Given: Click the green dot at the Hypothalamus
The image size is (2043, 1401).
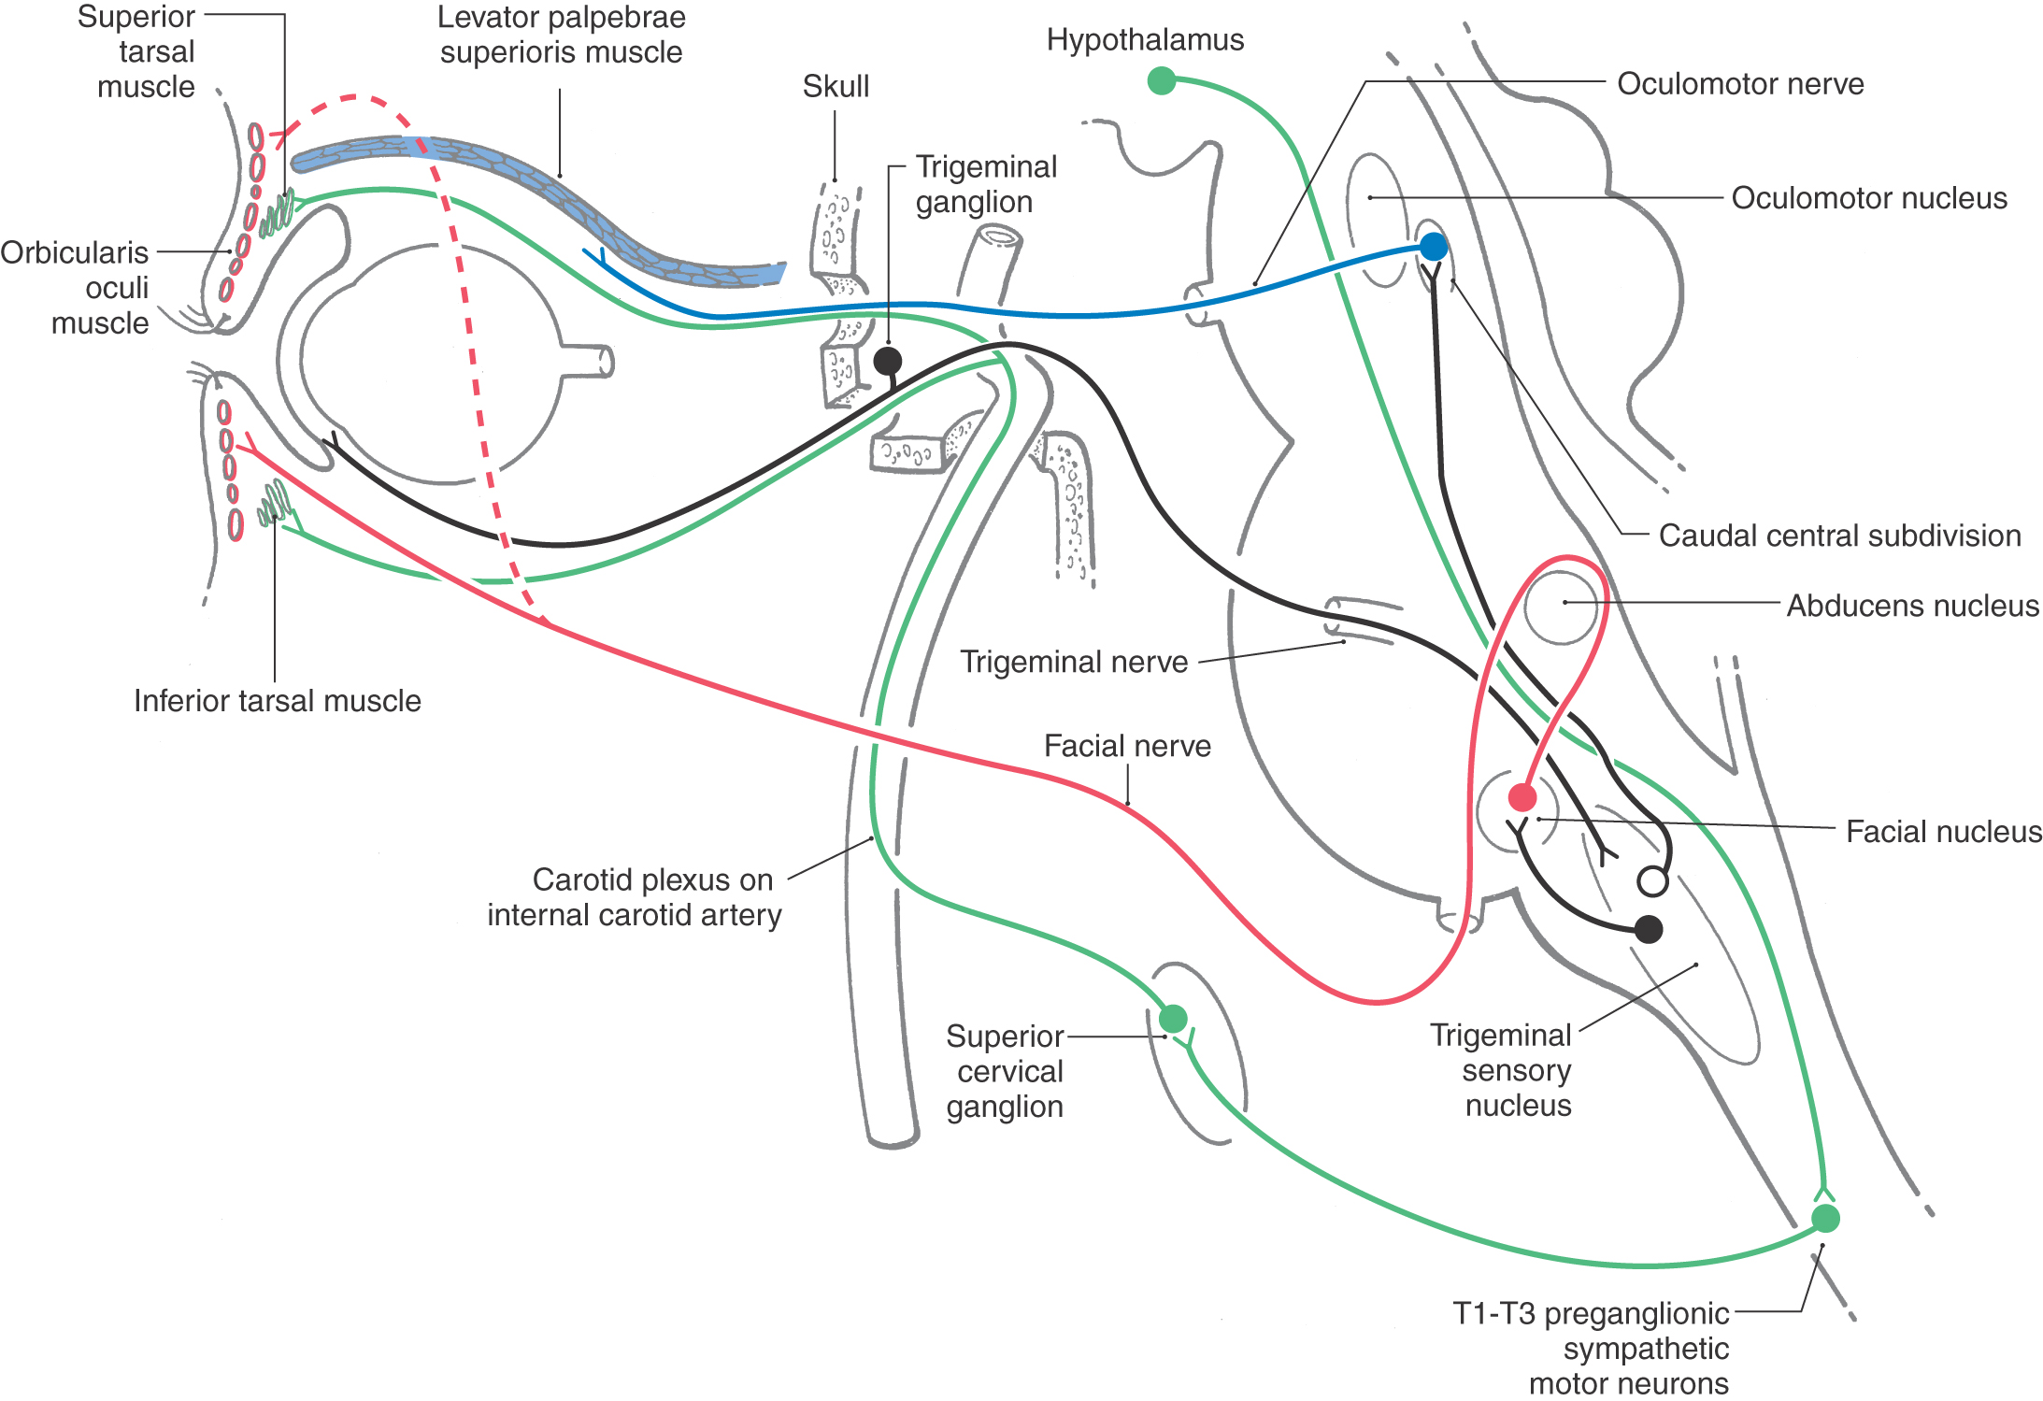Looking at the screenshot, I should tap(1161, 81).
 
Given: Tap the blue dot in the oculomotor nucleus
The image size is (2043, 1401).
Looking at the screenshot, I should tap(1434, 247).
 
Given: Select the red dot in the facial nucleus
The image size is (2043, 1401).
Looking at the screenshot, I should tap(1522, 797).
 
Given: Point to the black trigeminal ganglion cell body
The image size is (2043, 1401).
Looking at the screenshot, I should tap(888, 361).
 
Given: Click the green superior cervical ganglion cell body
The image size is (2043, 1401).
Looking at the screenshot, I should tap(1173, 1018).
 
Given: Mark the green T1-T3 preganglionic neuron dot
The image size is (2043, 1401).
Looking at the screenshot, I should tap(1825, 1219).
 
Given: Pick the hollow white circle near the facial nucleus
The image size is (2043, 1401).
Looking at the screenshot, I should tap(1652, 881).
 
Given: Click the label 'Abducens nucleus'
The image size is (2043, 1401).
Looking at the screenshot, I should tap(1912, 606).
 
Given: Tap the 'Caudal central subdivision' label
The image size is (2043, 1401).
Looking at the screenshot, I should tap(1839, 536).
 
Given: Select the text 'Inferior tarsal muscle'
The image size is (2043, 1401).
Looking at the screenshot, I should tap(277, 701).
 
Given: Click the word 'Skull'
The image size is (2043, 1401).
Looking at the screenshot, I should tap(836, 86).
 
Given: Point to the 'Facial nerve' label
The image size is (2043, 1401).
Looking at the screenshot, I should tap(1127, 746).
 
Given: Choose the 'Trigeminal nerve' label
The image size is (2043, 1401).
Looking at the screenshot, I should tap(1074, 662).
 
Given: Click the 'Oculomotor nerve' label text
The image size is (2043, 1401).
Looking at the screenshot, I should tap(1740, 84).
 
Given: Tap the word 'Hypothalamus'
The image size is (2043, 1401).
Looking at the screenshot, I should tap(1145, 40).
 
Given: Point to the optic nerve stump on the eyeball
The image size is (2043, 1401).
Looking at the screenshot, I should tap(589, 361).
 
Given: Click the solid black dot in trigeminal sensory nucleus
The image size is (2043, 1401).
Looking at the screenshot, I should tap(1649, 929).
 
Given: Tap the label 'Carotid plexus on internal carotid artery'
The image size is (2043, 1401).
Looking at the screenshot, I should tap(636, 897).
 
